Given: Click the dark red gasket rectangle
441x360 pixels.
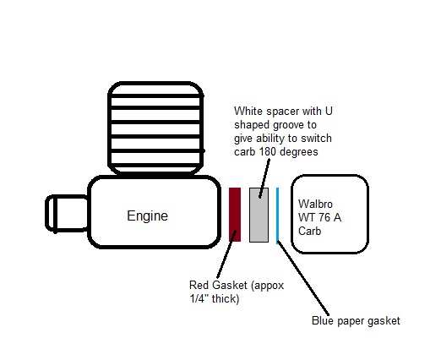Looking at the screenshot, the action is pyautogui.click(x=235, y=215).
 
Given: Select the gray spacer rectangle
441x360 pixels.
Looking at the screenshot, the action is pyautogui.click(x=259, y=215).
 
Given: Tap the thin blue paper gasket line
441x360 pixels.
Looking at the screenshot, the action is pyautogui.click(x=278, y=215).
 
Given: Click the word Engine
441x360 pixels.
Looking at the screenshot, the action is pyautogui.click(x=147, y=216).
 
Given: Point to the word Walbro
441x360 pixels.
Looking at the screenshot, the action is pyautogui.click(x=315, y=204).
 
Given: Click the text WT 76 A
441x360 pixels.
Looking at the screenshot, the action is pyautogui.click(x=319, y=217).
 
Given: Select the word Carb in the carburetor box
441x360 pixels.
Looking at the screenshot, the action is pyautogui.click(x=309, y=231).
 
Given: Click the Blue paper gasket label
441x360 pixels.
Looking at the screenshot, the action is pyautogui.click(x=356, y=321).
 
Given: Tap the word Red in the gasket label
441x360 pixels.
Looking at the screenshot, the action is pyautogui.click(x=199, y=285).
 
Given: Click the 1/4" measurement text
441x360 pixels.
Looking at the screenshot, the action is pyautogui.click(x=199, y=298).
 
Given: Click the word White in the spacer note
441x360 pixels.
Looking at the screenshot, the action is pyautogui.click(x=248, y=111).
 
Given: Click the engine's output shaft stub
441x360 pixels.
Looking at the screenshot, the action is pyautogui.click(x=67, y=213).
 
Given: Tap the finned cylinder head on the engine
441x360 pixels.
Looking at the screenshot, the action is pyautogui.click(x=155, y=128).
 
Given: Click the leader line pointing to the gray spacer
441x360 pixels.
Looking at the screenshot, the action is pyautogui.click(x=264, y=178).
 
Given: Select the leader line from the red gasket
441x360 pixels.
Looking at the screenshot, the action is pyautogui.click(x=226, y=254).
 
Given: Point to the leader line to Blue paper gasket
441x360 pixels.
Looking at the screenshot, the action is pyautogui.click(x=302, y=277).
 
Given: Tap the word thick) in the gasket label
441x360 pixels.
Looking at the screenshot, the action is pyautogui.click(x=226, y=298).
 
